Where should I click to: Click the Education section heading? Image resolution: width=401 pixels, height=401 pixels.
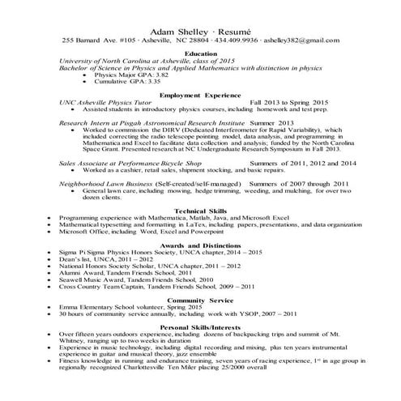[201, 53]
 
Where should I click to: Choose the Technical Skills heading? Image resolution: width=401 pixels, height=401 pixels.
[201, 210]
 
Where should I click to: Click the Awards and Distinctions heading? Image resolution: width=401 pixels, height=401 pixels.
[201, 245]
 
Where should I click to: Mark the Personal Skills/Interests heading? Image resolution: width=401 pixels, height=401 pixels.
[201, 327]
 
